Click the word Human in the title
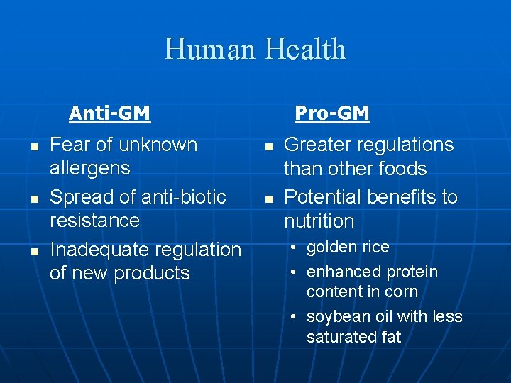pos(211,50)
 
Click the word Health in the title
pos(306,50)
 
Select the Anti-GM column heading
pos(109,113)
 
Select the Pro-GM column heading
pos(331,113)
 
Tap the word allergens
pos(90,168)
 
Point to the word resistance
pos(94,221)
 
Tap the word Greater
pos(320,145)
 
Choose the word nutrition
pos(319,221)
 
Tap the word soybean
pos(335,316)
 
